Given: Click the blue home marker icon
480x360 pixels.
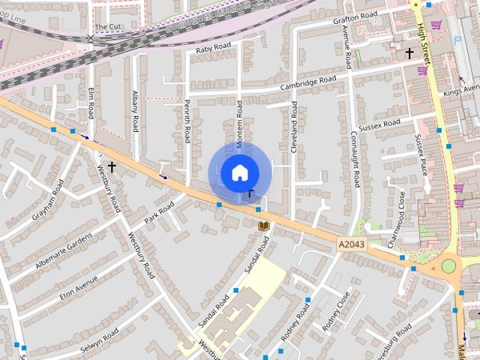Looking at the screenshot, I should pyautogui.click(x=239, y=172).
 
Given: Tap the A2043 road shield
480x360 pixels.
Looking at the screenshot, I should pyautogui.click(x=351, y=244).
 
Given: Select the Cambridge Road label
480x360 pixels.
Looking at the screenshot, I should pyautogui.click(x=308, y=84).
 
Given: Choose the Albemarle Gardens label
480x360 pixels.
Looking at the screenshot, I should pyautogui.click(x=63, y=252).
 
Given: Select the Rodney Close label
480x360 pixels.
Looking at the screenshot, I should pyautogui.click(x=335, y=311).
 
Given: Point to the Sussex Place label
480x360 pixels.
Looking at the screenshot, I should pyautogui.click(x=421, y=153).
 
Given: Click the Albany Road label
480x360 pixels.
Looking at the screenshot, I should pyautogui.click(x=135, y=112).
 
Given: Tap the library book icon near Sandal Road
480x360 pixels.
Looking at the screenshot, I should pyautogui.click(x=263, y=225).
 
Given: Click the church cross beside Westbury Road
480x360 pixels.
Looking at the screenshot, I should pyautogui.click(x=112, y=166).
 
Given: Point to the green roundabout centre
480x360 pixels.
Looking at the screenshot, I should pyautogui.click(x=448, y=266).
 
